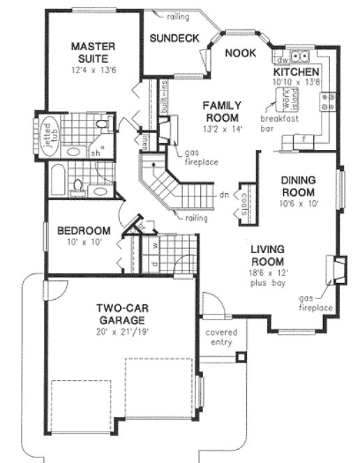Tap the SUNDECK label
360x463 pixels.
[175, 38]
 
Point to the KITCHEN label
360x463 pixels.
[296, 73]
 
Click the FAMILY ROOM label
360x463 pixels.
[221, 111]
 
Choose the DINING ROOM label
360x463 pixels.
[298, 186]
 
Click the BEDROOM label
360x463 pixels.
[84, 231]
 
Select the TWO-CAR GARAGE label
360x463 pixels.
[121, 313]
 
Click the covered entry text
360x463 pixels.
[221, 337]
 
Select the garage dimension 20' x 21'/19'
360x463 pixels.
[121, 331]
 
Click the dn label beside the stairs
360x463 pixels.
[224, 195]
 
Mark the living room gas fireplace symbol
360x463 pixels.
[338, 271]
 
